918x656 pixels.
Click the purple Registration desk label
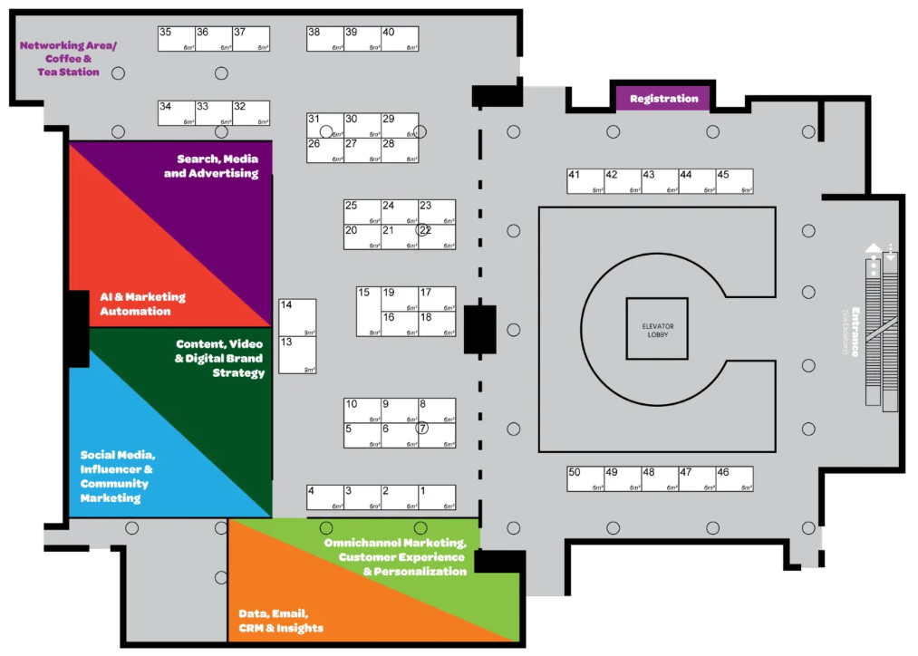tap(663, 99)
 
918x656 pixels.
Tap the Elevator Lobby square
tap(656, 328)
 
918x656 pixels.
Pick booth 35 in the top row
tap(177, 38)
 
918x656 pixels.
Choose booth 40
tap(400, 38)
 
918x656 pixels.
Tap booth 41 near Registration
tap(586, 181)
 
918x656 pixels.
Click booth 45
tap(735, 181)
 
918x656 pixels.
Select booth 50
tap(586, 478)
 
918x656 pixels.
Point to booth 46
tap(735, 478)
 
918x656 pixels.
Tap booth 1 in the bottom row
tap(437, 497)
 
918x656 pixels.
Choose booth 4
tap(324, 497)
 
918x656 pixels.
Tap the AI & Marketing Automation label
tap(142, 304)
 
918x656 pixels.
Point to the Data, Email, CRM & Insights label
tap(281, 621)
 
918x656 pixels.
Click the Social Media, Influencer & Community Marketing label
tap(117, 477)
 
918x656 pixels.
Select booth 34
tap(177, 112)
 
